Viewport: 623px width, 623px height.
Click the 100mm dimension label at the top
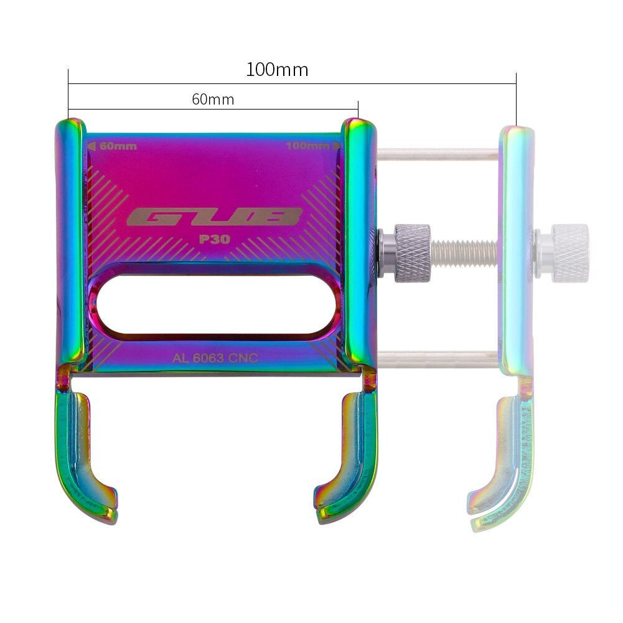pos(277,69)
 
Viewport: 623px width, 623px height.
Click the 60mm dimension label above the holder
pos(213,100)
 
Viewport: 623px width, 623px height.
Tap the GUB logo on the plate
pos(214,217)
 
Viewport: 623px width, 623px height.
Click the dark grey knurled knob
pos(412,253)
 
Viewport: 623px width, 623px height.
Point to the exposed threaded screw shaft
pos(464,252)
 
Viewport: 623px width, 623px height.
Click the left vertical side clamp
pos(70,243)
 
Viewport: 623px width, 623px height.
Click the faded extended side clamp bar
pos(517,249)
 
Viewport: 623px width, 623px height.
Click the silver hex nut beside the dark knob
pos(386,253)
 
